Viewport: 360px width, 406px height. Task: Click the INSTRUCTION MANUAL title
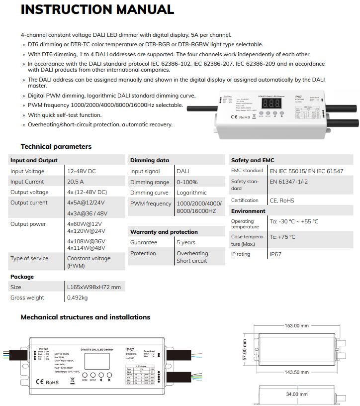tap(97, 9)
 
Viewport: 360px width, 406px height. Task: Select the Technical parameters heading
tap(56, 146)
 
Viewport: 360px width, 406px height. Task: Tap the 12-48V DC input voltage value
tap(82, 171)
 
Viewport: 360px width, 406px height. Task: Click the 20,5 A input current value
tap(76, 182)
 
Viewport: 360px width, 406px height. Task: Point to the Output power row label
tap(28, 224)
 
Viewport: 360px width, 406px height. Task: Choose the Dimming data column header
tap(149, 160)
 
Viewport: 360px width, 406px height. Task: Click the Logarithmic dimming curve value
tap(191, 193)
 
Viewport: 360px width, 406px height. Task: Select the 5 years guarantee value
tap(186, 242)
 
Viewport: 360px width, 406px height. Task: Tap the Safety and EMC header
tap(253, 160)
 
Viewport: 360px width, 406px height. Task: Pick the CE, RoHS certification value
tap(282, 201)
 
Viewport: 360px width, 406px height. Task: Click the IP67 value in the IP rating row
tap(275, 254)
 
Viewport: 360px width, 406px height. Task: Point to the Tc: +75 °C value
tap(282, 237)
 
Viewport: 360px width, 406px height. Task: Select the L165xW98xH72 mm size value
tap(94, 287)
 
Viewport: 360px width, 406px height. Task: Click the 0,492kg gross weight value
tap(77, 298)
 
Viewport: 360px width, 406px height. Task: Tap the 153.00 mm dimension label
tap(296, 325)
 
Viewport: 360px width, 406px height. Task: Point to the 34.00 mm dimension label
tap(295, 394)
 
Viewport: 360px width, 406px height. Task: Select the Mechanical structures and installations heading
tap(85, 317)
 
